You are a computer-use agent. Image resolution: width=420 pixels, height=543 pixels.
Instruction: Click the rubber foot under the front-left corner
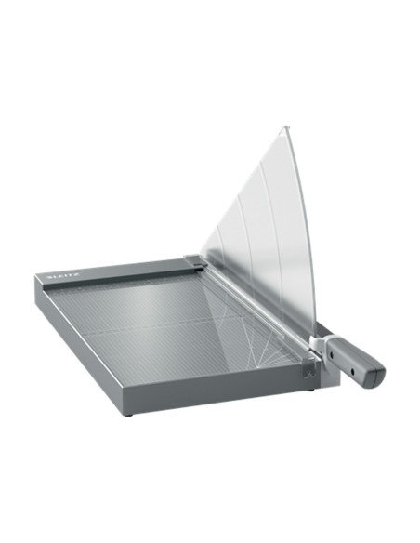tap(131, 412)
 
